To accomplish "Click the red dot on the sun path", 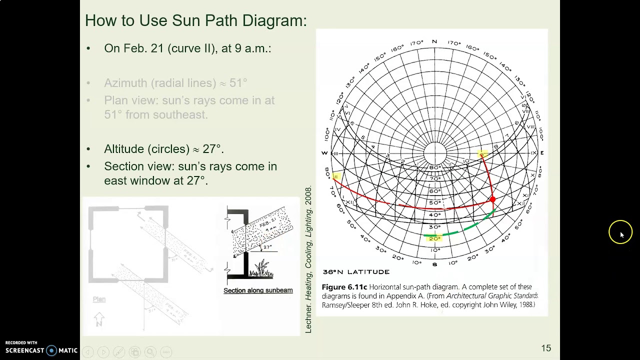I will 492,199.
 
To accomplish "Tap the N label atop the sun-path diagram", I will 434,42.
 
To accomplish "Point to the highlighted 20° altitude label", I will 434,238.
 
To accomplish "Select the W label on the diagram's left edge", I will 324,153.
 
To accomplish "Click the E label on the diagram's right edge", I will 542,153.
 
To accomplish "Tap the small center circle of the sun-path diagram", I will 434,153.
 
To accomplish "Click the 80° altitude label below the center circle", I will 434,167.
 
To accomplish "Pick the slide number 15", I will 545,348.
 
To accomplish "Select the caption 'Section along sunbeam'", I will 258,290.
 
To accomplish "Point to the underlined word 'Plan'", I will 99,299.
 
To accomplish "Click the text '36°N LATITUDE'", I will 356,272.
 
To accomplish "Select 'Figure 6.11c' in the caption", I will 344,287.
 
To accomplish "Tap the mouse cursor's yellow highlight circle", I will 620,232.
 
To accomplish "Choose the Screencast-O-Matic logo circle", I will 51,350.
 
